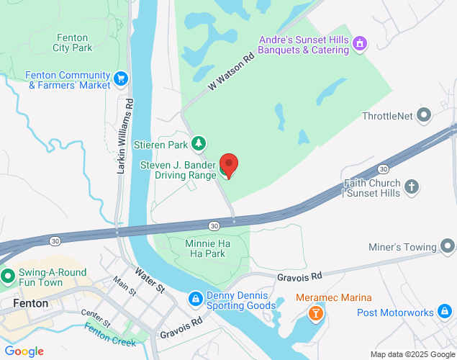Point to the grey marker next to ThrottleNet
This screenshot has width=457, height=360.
tap(425, 114)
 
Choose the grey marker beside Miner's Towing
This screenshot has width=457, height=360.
tap(448, 248)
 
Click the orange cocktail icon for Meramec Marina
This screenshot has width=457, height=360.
tap(315, 313)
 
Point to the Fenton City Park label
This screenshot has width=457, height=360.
tap(73, 43)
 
